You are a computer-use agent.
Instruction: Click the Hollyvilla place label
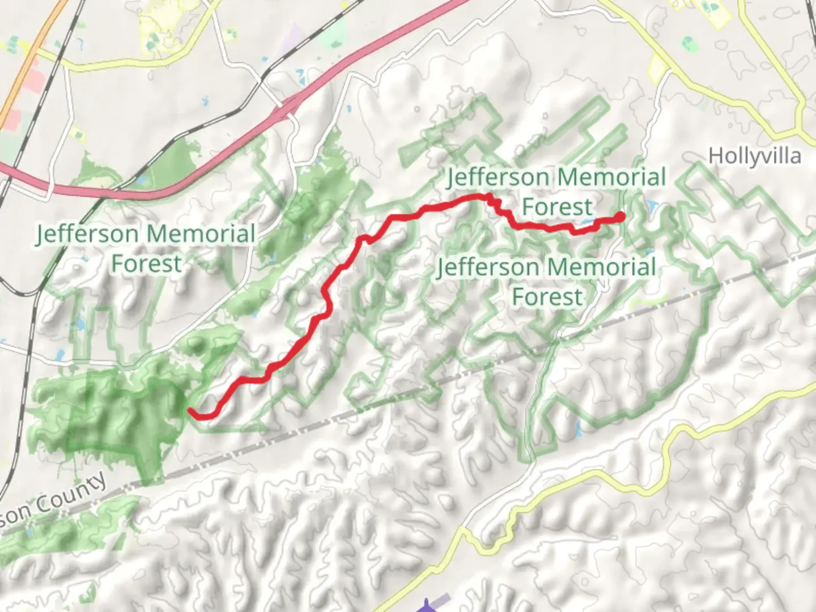pos(754,156)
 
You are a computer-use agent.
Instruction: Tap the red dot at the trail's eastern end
pos(620,216)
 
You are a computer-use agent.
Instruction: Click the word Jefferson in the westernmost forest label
pos(87,234)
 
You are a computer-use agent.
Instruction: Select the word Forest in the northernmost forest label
pos(556,207)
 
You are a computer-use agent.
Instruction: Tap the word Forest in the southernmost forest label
pos(547,297)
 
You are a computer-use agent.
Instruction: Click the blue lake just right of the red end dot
pos(651,205)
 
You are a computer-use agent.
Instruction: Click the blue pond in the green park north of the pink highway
pos(141,181)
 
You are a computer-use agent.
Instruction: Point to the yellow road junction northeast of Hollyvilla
pos(800,127)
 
